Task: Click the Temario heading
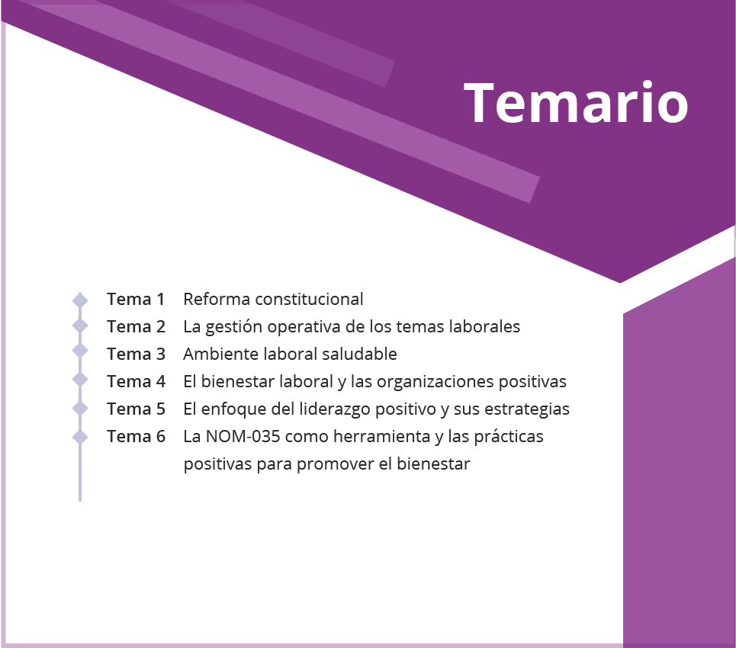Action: click(576, 102)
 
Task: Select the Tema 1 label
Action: click(136, 299)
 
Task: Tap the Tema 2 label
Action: click(136, 326)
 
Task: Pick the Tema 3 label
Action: click(136, 354)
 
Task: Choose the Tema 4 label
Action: click(136, 381)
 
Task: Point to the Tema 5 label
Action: click(136, 409)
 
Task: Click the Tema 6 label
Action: click(136, 436)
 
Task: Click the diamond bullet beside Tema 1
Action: click(80, 300)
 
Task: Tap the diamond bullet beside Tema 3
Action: click(80, 351)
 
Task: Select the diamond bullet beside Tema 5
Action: click(80, 408)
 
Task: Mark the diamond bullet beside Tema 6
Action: click(80, 437)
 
